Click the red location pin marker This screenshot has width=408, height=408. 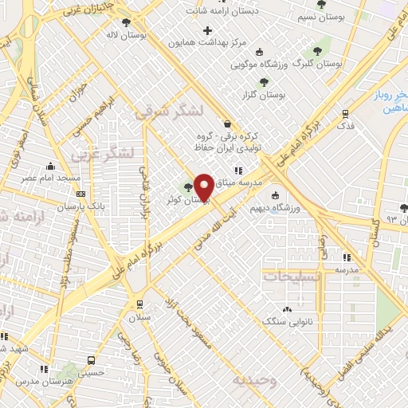click(x=204, y=186)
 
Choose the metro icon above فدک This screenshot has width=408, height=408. click(x=345, y=114)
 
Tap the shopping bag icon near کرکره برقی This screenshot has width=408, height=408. click(x=228, y=124)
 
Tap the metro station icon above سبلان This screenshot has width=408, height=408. click(x=140, y=304)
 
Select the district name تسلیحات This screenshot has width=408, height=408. click(x=292, y=277)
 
